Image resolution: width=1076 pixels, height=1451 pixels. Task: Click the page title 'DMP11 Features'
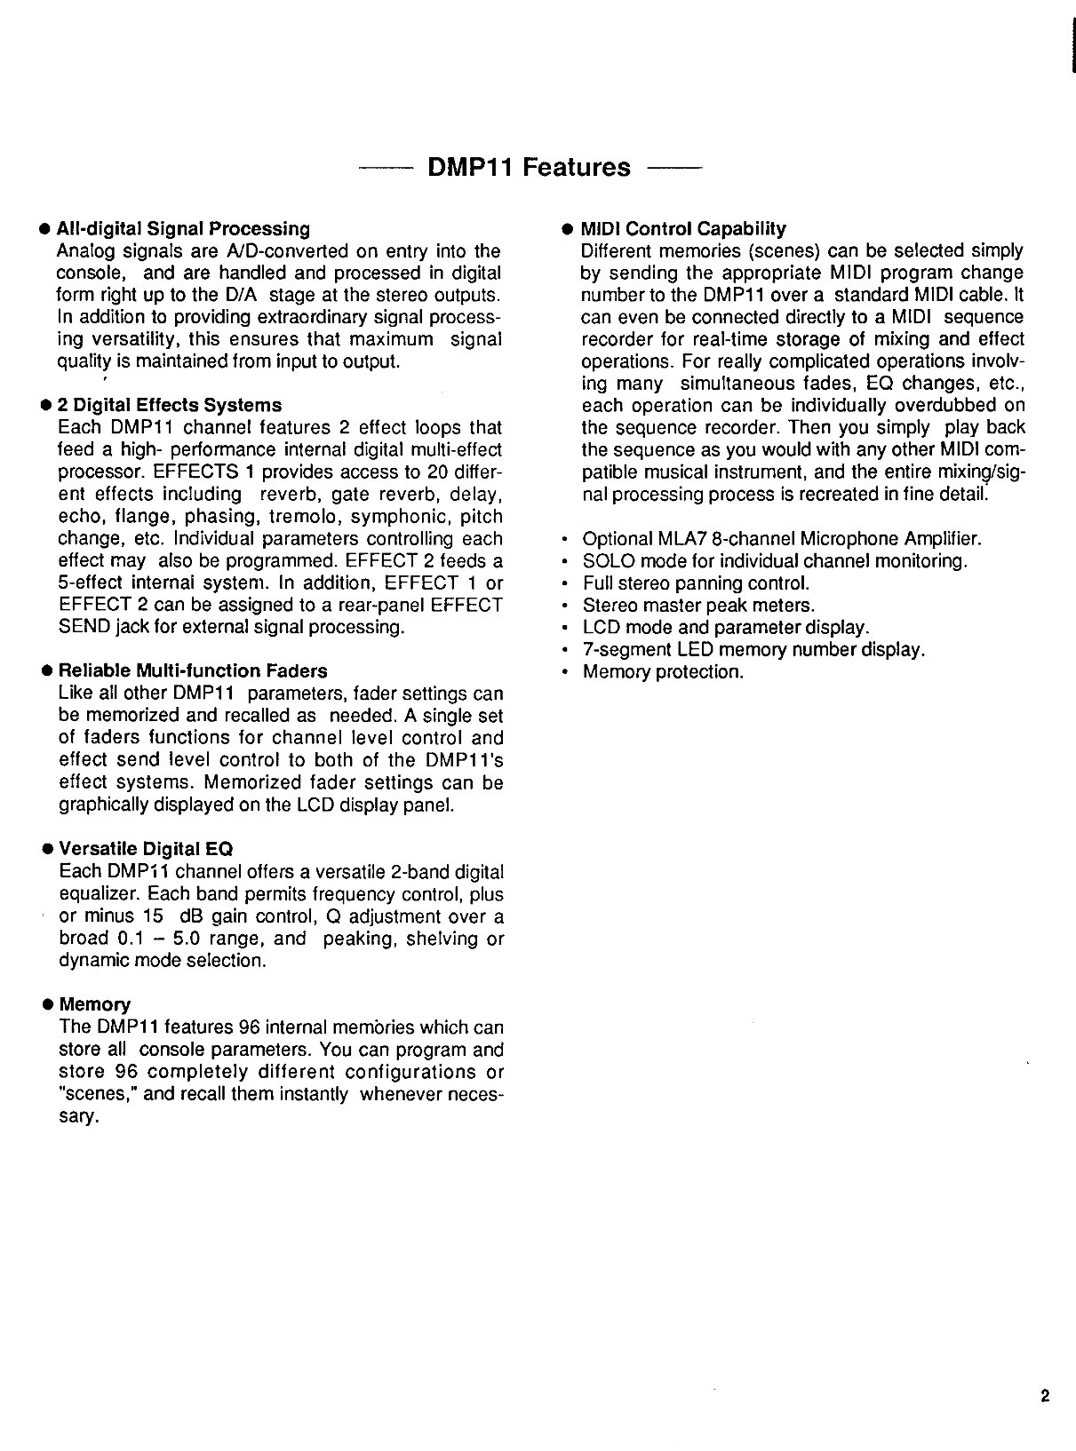tap(529, 167)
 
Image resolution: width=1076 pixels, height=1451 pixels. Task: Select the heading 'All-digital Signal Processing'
tap(184, 229)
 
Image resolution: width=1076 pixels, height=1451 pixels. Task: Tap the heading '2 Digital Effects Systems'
tap(170, 405)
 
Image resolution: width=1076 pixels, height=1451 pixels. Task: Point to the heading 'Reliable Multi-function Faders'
tap(193, 670)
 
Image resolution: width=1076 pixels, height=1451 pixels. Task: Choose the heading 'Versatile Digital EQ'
tap(146, 849)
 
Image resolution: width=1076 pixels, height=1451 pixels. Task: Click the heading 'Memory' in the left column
tap(94, 1004)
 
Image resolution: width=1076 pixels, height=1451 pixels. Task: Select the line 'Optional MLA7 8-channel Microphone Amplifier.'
tap(782, 539)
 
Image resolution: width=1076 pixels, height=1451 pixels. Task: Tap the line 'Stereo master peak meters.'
tap(698, 606)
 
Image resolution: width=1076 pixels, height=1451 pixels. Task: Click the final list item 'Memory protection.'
tap(663, 672)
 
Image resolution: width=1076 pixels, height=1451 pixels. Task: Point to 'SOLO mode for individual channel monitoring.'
tap(775, 561)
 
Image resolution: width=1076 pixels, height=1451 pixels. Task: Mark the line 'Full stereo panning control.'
tap(696, 583)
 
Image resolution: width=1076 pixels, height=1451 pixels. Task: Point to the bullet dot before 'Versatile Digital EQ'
tap(44, 850)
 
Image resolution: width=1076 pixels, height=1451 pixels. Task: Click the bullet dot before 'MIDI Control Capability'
tap(566, 229)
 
